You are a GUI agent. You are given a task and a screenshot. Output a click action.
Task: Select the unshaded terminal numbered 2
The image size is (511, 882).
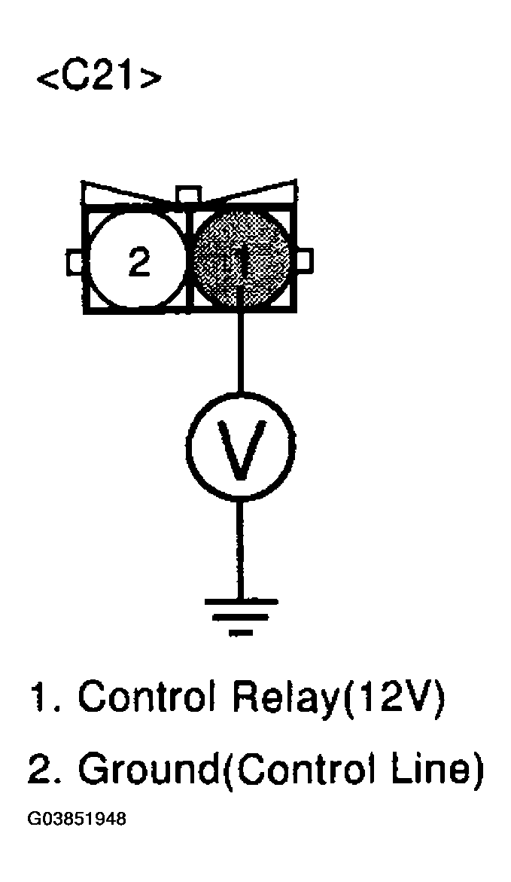pyautogui.click(x=138, y=261)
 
